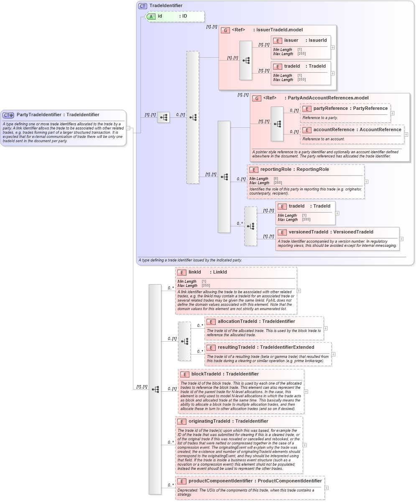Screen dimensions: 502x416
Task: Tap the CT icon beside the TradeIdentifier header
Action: (143, 6)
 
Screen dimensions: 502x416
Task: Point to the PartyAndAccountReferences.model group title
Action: (326, 98)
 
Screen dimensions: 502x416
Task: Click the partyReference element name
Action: (330, 109)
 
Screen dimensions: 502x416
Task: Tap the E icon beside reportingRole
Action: (253, 170)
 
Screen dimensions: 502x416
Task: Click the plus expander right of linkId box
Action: (299, 291)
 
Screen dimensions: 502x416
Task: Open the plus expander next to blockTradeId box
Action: (306, 391)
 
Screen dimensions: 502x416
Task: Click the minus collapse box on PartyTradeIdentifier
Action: (128, 128)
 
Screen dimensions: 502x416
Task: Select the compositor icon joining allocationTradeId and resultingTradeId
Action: (184, 341)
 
